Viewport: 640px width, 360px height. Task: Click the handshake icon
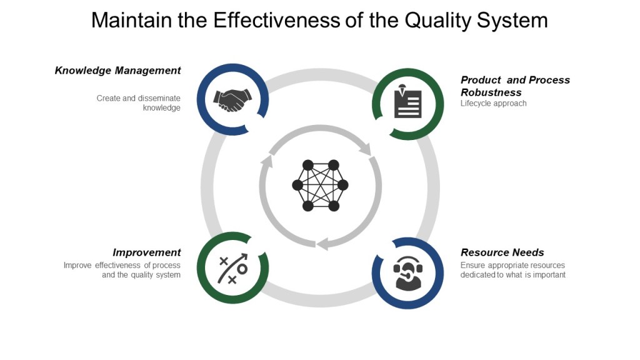(232, 99)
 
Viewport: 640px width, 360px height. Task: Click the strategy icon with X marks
(232, 269)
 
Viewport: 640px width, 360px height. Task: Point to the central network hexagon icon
(320, 185)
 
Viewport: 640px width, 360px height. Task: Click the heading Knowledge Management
(117, 71)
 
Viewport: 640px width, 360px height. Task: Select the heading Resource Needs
(502, 252)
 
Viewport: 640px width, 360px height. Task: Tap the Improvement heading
(146, 252)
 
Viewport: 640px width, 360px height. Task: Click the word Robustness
(491, 92)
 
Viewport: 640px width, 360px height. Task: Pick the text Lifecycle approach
(494, 104)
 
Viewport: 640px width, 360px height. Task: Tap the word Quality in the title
(436, 21)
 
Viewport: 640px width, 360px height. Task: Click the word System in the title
(511, 21)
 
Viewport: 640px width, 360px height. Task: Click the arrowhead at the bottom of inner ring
(322, 244)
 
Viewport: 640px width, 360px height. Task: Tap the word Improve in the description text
(77, 266)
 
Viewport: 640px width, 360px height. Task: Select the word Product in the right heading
(481, 80)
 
